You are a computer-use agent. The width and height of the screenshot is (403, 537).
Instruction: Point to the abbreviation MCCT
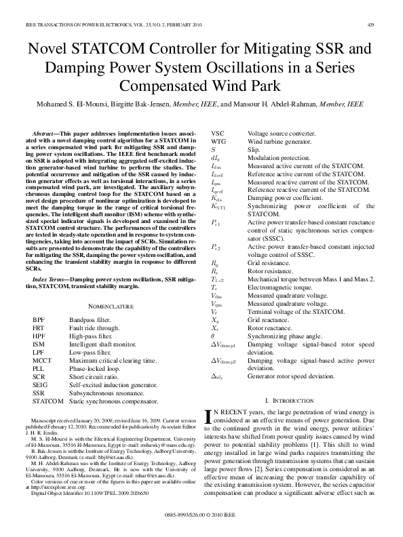pos(43,359)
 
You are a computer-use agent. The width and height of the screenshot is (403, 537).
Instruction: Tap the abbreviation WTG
pos(220,141)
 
